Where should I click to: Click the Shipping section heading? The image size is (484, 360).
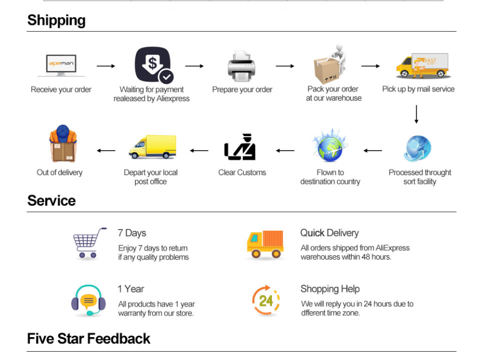coord(57,20)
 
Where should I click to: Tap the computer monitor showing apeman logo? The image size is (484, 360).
coord(61,65)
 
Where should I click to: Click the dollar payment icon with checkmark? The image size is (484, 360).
coord(154,65)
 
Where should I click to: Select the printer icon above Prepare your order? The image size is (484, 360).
coord(241,66)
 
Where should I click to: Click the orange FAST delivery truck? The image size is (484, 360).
coord(422,65)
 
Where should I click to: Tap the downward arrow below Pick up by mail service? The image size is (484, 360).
coord(416,114)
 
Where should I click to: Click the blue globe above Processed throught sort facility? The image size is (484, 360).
coord(417,149)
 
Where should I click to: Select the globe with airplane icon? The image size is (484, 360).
coord(330,146)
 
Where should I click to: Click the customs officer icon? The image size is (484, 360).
coord(240,147)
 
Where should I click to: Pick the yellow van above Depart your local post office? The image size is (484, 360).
coord(152,146)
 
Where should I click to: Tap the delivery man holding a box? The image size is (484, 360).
coord(63,143)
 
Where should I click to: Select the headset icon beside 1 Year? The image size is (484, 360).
coord(88,300)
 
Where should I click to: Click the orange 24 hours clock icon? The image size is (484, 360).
coord(266,300)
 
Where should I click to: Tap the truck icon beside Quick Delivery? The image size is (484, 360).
coord(265,244)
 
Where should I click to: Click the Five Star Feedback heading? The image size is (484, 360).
coord(88,339)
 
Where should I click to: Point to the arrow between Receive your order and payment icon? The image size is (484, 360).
coord(106,66)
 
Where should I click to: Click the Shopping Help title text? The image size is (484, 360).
coord(330,289)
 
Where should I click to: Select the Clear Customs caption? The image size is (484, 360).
coord(242,172)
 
